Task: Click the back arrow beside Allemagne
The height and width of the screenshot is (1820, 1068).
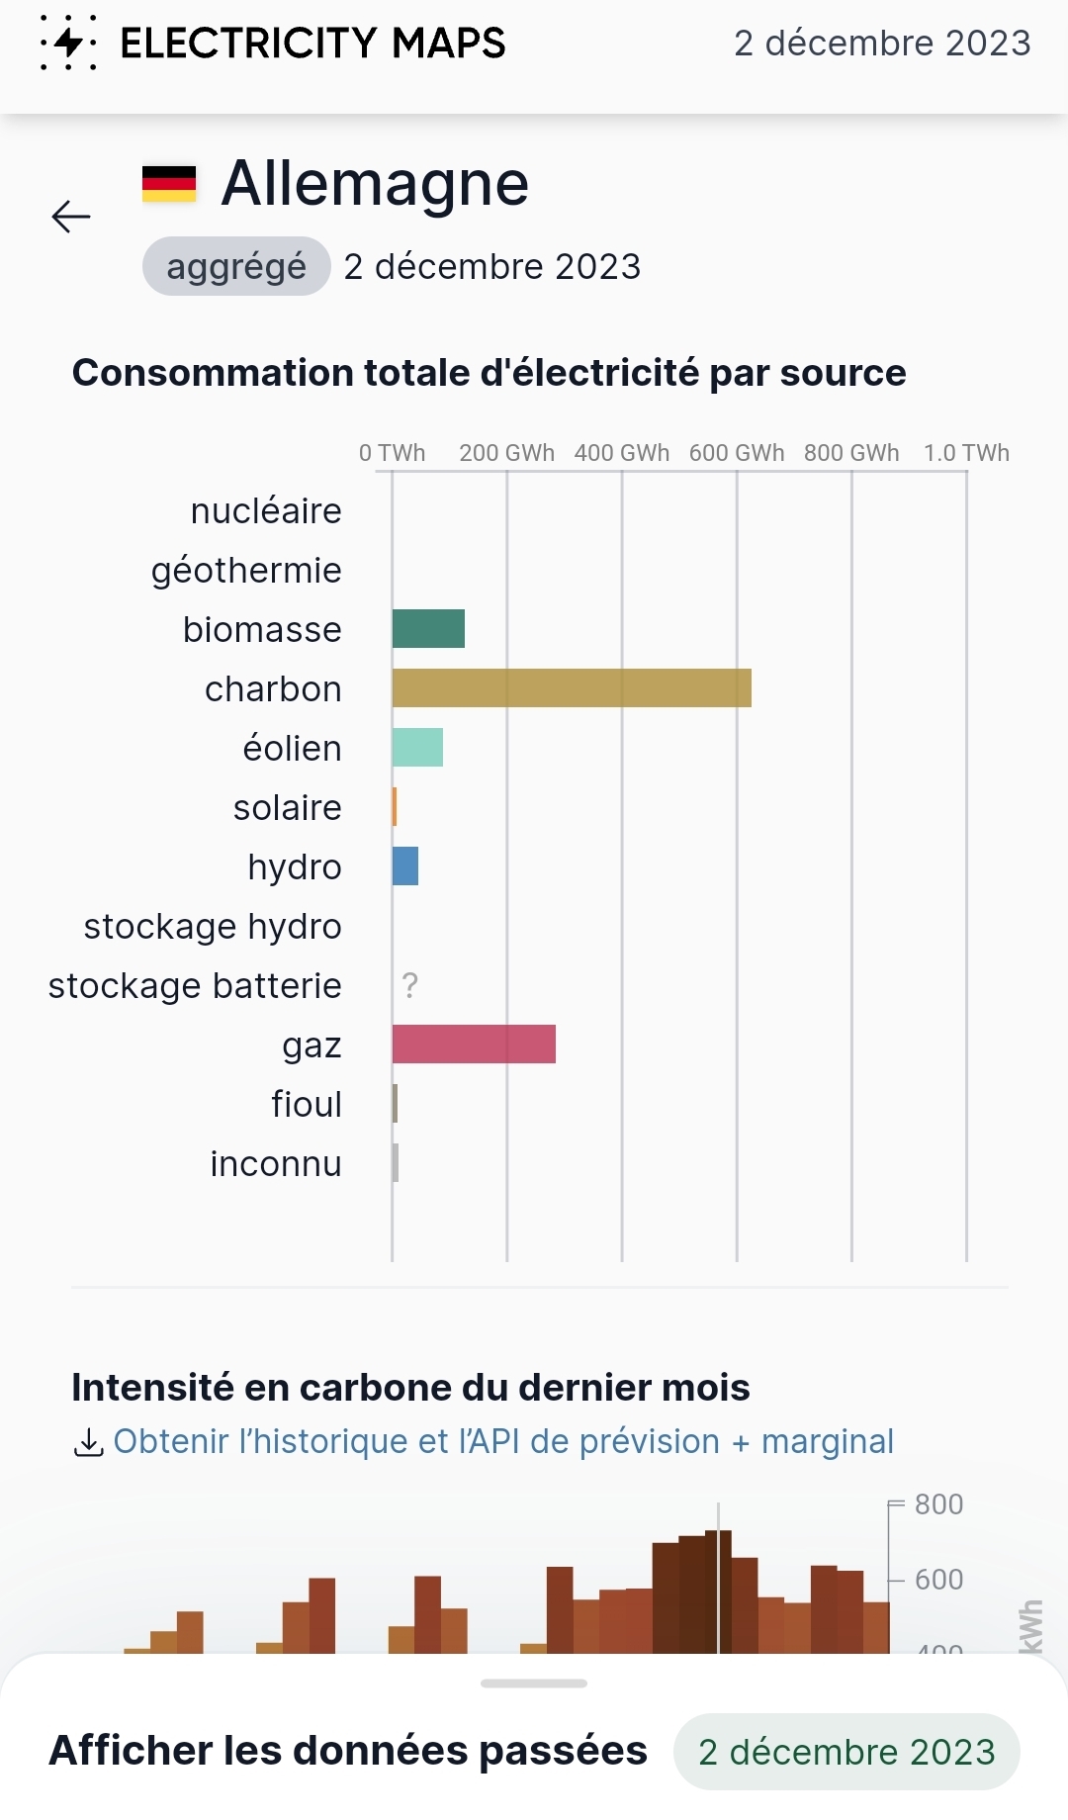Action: point(71,216)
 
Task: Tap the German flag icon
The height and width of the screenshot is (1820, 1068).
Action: point(169,184)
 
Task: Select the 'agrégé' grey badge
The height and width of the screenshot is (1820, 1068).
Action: point(236,266)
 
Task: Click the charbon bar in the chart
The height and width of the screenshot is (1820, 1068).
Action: point(572,688)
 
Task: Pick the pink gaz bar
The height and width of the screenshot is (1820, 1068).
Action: point(474,1045)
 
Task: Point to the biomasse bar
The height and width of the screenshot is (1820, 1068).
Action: point(428,629)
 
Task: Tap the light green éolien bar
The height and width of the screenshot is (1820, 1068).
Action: point(417,748)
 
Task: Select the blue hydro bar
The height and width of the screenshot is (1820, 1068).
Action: point(405,866)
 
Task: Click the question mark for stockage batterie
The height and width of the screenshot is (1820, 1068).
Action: point(410,985)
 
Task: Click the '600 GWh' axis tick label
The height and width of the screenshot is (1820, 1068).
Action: point(737,453)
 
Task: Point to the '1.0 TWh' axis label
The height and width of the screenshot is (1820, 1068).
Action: point(966,453)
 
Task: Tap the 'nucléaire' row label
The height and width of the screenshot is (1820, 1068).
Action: point(266,511)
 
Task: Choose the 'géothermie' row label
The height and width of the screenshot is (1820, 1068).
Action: point(246,571)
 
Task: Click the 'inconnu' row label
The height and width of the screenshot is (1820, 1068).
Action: point(276,1164)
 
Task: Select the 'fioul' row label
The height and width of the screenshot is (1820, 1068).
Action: point(307,1104)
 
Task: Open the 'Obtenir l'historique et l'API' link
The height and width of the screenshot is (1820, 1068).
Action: point(503,1441)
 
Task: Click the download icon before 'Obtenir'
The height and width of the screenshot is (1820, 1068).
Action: point(88,1443)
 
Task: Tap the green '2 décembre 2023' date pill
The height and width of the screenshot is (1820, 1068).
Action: point(846,1752)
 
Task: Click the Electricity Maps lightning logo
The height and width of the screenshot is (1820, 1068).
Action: point(68,43)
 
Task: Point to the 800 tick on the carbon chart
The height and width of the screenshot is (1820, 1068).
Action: point(938,1504)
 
